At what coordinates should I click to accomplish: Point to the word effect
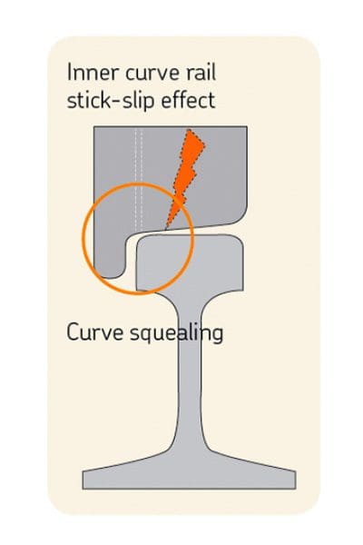189,100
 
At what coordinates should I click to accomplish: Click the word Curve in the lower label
94,332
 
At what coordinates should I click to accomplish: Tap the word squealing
176,333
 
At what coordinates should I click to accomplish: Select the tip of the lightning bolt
166,229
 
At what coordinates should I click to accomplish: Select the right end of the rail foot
295,480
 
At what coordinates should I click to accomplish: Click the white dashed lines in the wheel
139,178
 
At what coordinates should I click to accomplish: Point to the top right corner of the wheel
247,126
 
